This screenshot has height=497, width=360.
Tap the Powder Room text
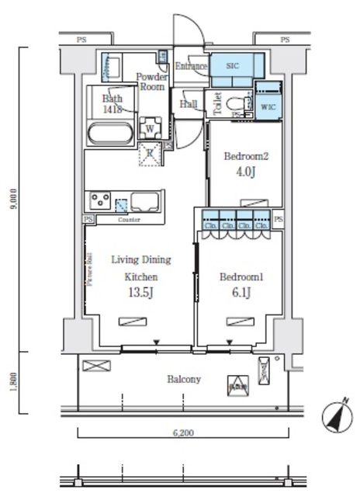click(151, 82)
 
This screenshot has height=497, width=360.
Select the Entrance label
click(190, 67)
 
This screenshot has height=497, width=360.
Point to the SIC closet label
click(233, 67)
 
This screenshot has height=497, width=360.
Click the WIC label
click(268, 106)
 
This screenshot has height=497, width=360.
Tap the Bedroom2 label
click(245, 156)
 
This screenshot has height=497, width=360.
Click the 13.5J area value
click(140, 292)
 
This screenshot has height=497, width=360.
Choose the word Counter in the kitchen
click(129, 220)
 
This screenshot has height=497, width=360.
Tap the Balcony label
click(185, 380)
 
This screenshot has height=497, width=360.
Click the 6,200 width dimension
click(183, 434)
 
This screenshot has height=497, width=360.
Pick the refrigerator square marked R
click(150, 155)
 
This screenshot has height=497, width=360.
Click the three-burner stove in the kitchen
click(100, 201)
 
